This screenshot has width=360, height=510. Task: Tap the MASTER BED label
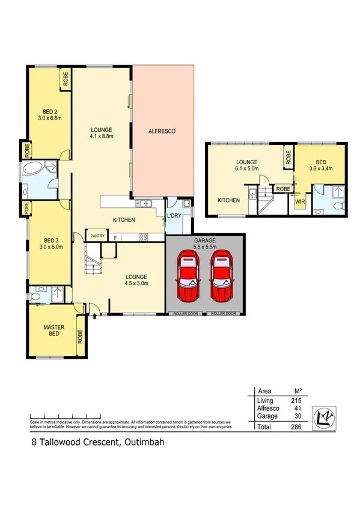[53, 331]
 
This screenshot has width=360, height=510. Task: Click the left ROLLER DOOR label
[185, 314]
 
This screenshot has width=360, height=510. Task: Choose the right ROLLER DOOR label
[224, 314]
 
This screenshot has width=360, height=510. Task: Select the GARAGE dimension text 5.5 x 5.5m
[204, 247]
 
